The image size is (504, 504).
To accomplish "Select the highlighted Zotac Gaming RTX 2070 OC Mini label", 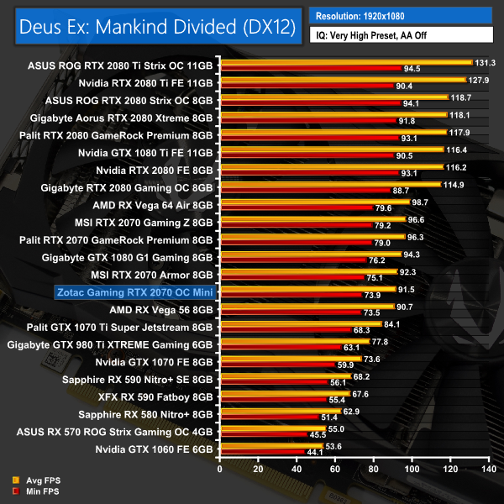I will (x=134, y=293).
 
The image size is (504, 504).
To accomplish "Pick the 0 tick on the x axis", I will (x=219, y=468).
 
